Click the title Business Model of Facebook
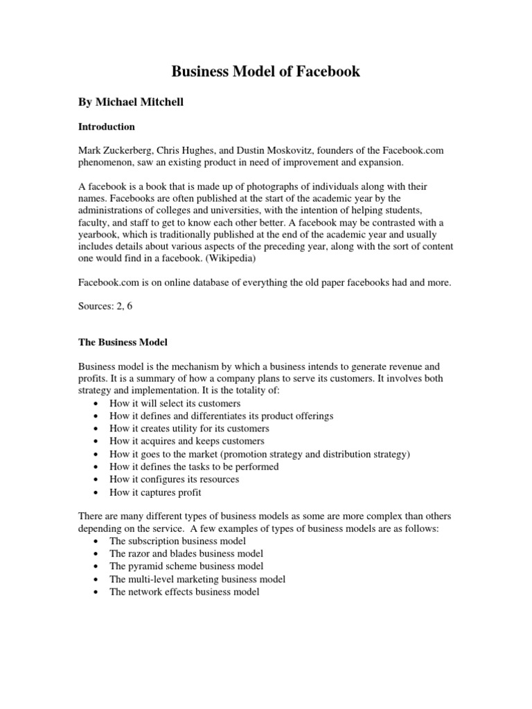click(x=266, y=71)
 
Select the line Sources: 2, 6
click(x=105, y=305)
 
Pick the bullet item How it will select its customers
click(x=175, y=403)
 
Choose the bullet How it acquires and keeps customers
click(x=186, y=441)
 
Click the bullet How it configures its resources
click(x=174, y=479)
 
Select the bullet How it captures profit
click(x=155, y=492)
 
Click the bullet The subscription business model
click(x=177, y=541)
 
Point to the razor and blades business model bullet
click(x=186, y=554)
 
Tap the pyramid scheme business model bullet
click(x=186, y=566)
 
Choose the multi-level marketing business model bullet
click(x=197, y=579)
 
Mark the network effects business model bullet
click(x=184, y=592)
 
